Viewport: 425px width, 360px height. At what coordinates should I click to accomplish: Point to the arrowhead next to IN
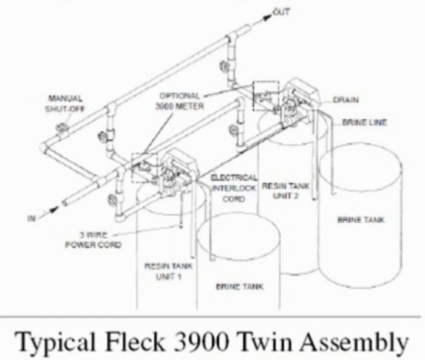(x=53, y=209)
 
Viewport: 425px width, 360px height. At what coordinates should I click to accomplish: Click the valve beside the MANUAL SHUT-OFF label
(x=62, y=128)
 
